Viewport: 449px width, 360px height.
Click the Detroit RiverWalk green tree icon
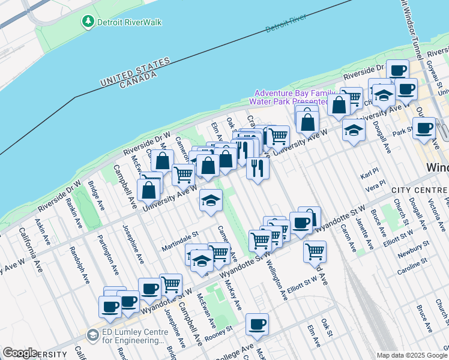(x=88, y=22)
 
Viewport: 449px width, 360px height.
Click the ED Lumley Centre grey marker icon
(x=92, y=335)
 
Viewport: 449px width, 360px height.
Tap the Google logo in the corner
(x=20, y=353)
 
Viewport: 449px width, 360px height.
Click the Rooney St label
(x=218, y=332)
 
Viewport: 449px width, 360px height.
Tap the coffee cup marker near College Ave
(x=257, y=325)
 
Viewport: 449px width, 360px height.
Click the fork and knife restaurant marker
(x=258, y=167)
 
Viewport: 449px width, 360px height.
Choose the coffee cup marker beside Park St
(x=424, y=128)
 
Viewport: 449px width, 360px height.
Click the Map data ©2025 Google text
(x=411, y=355)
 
